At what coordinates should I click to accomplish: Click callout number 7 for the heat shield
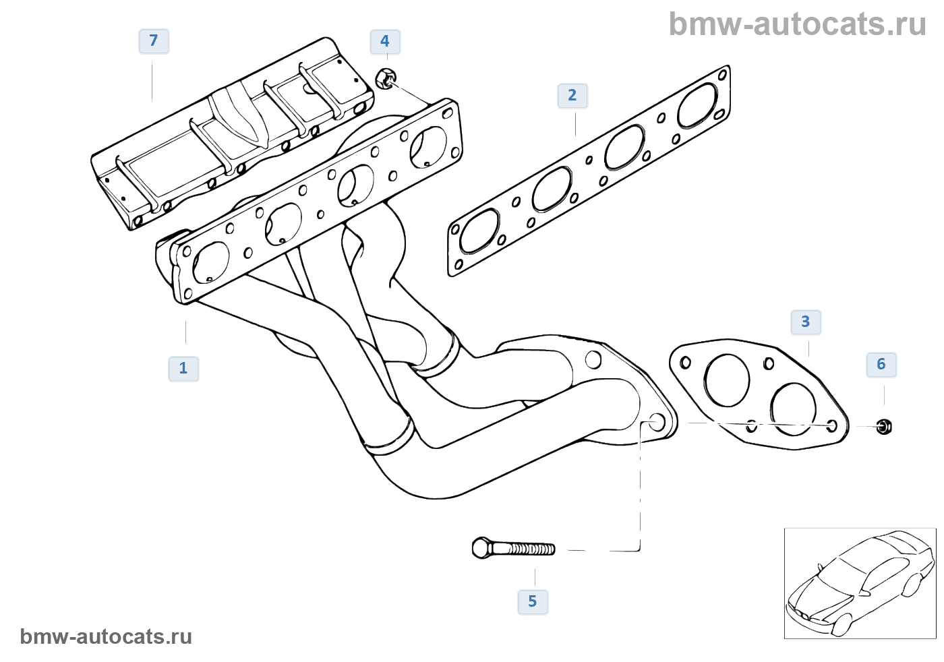coord(154,41)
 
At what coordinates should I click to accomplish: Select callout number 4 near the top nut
coord(385,42)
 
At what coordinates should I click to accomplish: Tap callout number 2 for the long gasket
coord(572,96)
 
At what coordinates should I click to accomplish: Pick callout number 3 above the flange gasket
coord(806,322)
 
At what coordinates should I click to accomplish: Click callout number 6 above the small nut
coord(881,365)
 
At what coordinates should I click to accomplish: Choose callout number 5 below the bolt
coord(533,601)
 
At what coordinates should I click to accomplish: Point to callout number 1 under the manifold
coord(183,369)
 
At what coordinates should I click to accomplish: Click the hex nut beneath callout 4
coord(385,79)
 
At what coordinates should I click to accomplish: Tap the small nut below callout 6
coord(884,426)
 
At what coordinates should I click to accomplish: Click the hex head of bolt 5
coord(481,547)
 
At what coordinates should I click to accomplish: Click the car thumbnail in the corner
coord(860,583)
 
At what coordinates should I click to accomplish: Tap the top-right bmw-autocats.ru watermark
coord(797,24)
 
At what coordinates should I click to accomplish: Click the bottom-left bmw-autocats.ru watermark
coord(106,636)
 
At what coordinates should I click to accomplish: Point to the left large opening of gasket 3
coord(726,380)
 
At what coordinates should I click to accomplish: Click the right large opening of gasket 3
coord(793,409)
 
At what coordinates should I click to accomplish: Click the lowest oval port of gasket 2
coord(480,231)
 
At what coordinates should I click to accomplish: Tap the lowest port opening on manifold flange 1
coord(211,262)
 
